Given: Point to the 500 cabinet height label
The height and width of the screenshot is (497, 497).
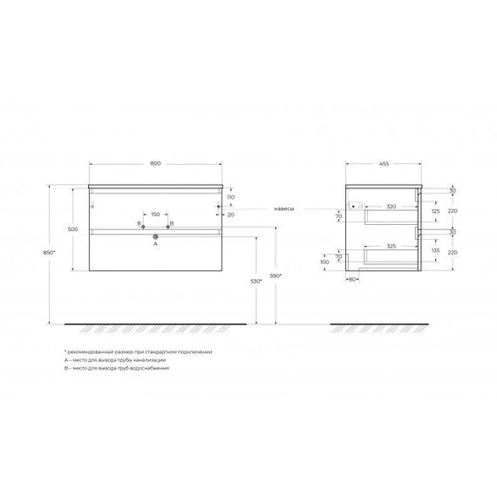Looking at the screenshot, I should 73,229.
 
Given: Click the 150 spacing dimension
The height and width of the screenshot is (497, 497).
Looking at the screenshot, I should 155,214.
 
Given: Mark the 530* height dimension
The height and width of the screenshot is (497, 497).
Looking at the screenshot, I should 255,282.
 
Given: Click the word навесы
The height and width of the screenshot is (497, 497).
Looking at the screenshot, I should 283,209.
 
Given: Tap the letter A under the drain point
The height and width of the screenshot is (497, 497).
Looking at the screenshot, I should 155,245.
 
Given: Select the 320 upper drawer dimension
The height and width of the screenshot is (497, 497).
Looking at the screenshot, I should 391,208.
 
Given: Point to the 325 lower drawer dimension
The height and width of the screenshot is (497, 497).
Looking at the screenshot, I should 391,247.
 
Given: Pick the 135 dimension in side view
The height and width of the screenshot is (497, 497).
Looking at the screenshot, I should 435,250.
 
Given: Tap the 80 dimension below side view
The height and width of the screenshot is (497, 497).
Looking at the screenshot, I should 353,280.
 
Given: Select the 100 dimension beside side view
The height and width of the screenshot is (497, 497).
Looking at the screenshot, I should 324,261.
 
